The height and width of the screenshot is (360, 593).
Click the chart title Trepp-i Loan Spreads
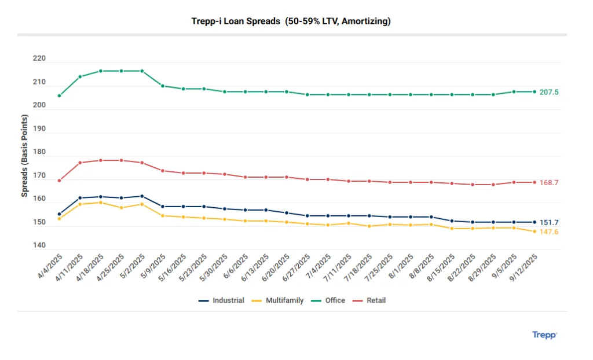coord(291,21)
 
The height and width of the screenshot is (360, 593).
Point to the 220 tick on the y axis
coord(39,59)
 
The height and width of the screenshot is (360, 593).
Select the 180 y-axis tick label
coord(39,152)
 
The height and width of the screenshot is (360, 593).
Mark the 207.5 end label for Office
coord(549,92)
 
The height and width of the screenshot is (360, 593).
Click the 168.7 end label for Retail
coord(549,182)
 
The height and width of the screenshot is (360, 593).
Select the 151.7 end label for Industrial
coord(549,222)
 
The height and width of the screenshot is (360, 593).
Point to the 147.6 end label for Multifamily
coord(549,232)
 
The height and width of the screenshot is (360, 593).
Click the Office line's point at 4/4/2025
coord(59,96)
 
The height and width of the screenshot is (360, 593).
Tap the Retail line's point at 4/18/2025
coord(101,160)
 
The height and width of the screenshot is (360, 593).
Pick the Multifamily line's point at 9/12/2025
coord(535,232)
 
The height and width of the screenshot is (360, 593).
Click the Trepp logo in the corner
coord(544,335)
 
